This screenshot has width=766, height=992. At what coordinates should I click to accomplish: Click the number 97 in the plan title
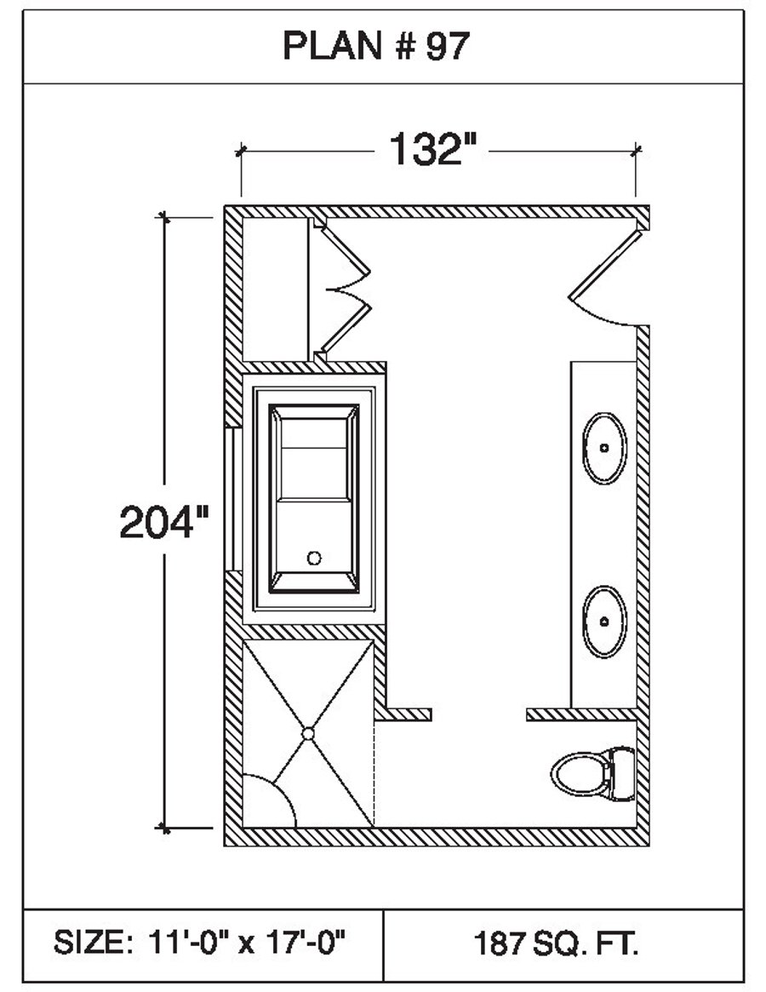tap(448, 46)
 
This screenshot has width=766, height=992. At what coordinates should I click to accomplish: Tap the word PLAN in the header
tap(333, 46)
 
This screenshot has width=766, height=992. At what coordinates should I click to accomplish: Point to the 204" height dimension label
tap(163, 522)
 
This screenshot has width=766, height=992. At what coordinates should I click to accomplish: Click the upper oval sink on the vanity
tap(604, 448)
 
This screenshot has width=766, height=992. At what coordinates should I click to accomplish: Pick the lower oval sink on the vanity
tap(604, 622)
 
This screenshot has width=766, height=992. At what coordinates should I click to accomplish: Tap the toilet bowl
tap(580, 773)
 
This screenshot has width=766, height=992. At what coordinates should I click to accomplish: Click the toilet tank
tap(622, 773)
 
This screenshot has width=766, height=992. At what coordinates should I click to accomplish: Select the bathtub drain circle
tap(314, 558)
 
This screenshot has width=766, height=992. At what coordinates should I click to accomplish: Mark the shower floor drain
tap(308, 733)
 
